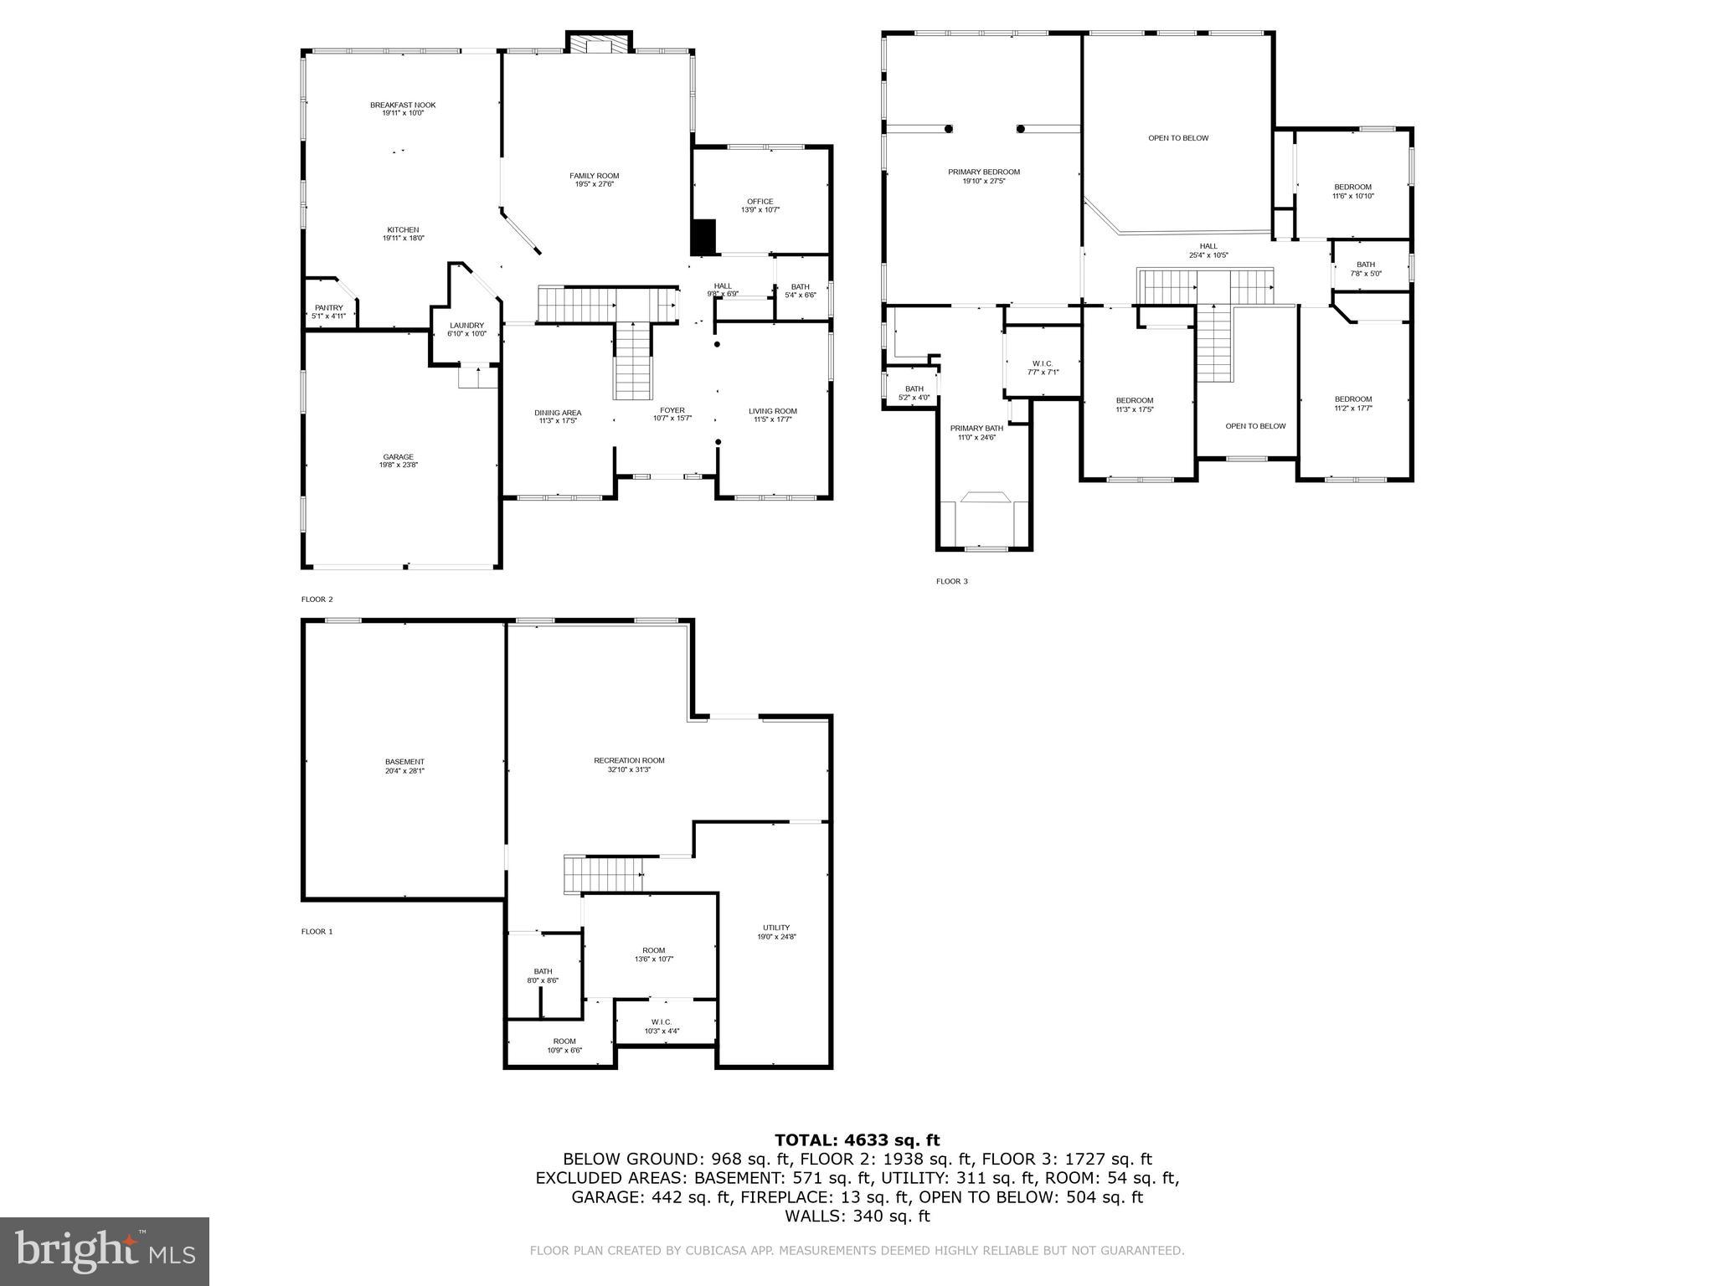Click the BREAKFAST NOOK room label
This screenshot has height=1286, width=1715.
pos(403,105)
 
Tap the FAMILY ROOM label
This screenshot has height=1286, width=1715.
pos(594,176)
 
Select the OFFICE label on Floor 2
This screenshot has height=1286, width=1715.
pos(760,202)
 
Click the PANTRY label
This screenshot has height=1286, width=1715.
pos(328,308)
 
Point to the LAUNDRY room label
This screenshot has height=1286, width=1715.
pos(466,326)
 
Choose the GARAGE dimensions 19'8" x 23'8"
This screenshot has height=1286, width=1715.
pos(398,464)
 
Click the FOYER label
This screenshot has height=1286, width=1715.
pos(672,410)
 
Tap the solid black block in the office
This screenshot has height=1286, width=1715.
pos(703,237)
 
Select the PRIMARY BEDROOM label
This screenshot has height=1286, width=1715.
pos(983,172)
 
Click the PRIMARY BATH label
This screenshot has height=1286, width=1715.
pos(976,428)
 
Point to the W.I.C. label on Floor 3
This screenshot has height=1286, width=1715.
pos(1043,363)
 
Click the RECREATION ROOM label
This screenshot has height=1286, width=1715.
pos(629,760)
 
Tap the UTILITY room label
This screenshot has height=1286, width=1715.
pos(775,928)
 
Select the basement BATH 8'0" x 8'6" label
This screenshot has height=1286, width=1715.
pos(543,972)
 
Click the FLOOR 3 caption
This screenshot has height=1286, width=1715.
pos(951,581)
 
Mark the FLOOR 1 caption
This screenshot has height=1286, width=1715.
pos(317,931)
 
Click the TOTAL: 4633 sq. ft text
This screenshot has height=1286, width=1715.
pos(857,1139)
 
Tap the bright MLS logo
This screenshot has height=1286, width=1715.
pos(105,1252)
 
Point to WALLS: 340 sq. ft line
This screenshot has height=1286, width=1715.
pos(857,1216)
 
